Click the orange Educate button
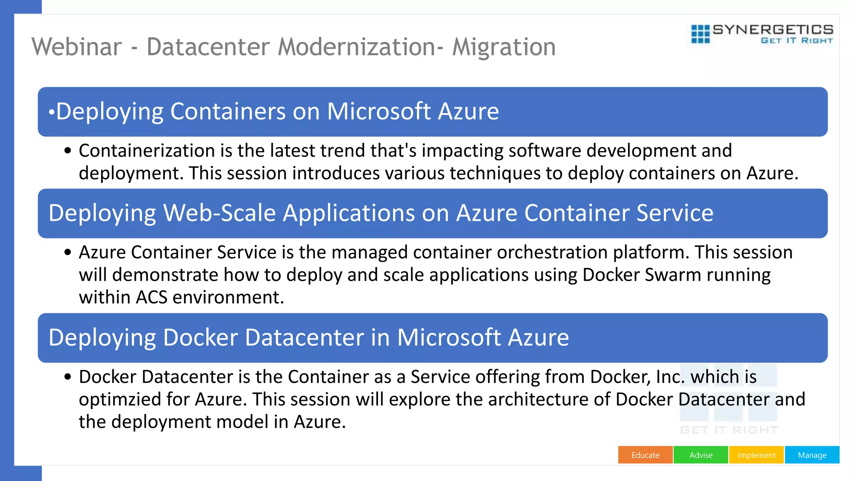[x=645, y=455]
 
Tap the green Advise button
[x=701, y=455]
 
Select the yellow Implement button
[x=756, y=455]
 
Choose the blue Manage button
[x=812, y=455]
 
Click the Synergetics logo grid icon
[x=700, y=34]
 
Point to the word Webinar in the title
[x=77, y=47]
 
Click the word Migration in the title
[x=504, y=47]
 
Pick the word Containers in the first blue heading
[x=228, y=111]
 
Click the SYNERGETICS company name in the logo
[x=773, y=30]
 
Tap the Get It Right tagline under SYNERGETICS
[x=797, y=41]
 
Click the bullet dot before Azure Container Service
[x=68, y=253]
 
